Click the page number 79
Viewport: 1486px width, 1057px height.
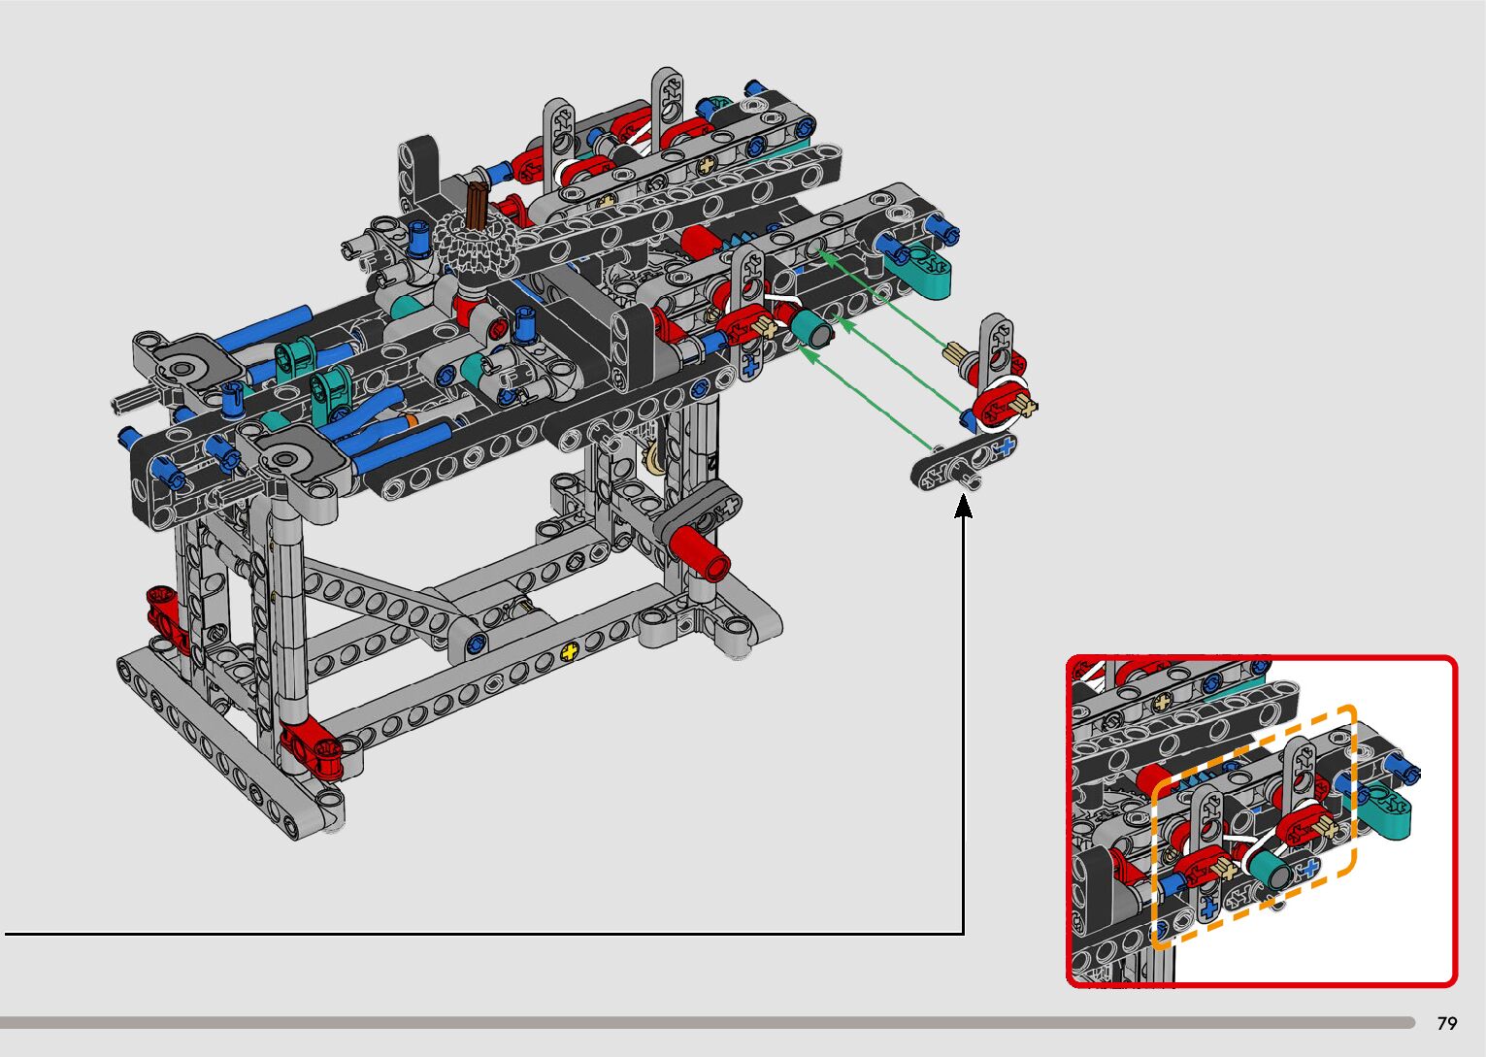pos(1447,1022)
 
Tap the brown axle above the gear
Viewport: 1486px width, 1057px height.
pos(477,207)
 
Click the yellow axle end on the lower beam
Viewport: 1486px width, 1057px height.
pos(569,652)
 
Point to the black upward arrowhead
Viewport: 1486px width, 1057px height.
pos(963,507)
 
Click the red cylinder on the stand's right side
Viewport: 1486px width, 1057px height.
pos(699,552)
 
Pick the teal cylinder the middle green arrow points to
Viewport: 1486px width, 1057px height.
pos(811,328)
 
